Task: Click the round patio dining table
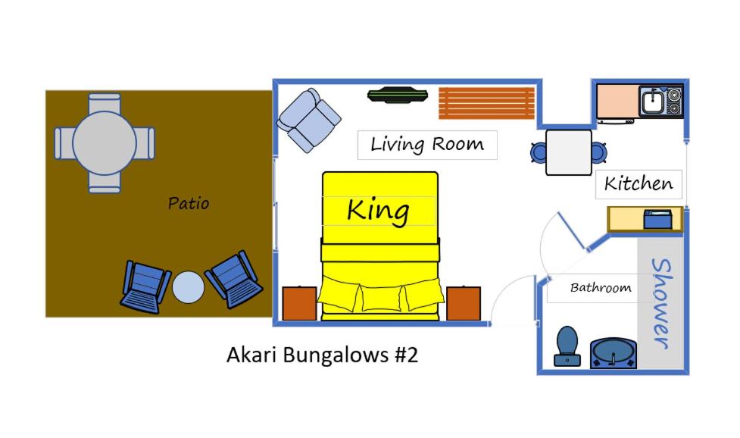tap(105, 143)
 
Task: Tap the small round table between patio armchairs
tap(189, 287)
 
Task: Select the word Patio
tap(189, 203)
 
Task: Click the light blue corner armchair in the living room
tap(308, 120)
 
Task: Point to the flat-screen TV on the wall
tap(398, 95)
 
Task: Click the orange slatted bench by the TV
tap(486, 103)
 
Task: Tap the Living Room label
tap(427, 144)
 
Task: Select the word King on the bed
tap(378, 211)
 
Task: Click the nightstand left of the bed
tap(300, 303)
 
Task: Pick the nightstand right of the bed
tap(464, 303)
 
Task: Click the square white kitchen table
tap(569, 152)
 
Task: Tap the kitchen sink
tap(652, 101)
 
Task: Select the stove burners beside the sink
tap(674, 102)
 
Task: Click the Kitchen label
tap(639, 183)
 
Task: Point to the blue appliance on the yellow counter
tap(658, 220)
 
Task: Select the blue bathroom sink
tap(613, 352)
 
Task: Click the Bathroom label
tap(601, 287)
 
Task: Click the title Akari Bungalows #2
tap(323, 355)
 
